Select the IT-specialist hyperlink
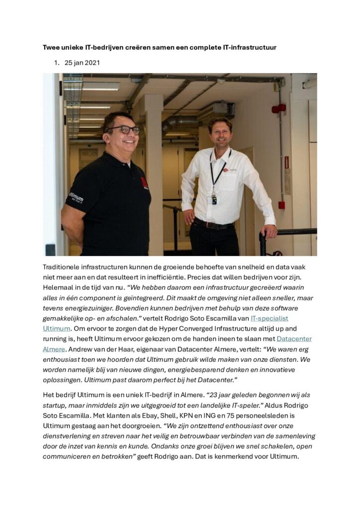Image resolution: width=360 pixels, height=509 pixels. (x=269, y=318)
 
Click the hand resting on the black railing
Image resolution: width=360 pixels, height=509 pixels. (x=269, y=231)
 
